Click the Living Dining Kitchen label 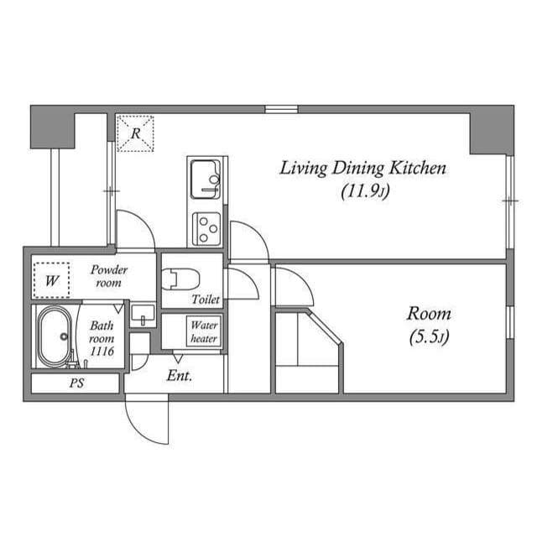pyautogui.click(x=362, y=169)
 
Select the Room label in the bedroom pyautogui.click(x=429, y=314)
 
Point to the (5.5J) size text pyautogui.click(x=429, y=337)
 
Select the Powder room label pyautogui.click(x=109, y=276)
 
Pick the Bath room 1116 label pyautogui.click(x=102, y=337)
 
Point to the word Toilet pyautogui.click(x=205, y=299)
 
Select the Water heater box pyautogui.click(x=204, y=331)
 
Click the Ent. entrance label pyautogui.click(x=179, y=376)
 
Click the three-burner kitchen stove pyautogui.click(x=206, y=227)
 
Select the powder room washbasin pyautogui.click(x=143, y=315)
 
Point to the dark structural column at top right pyautogui.click(x=491, y=130)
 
